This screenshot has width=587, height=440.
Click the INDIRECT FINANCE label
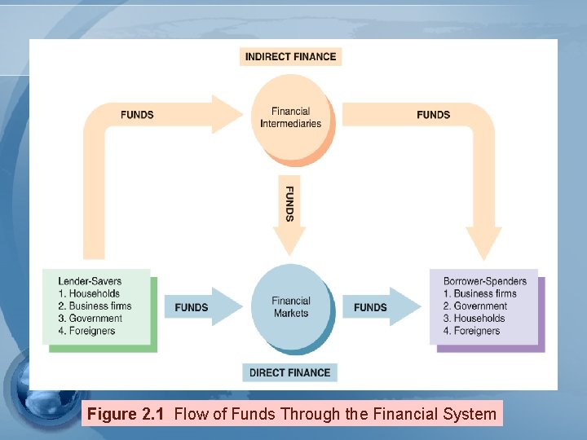point(291,56)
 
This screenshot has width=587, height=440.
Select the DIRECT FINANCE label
point(289,372)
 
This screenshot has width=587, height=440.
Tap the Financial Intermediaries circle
point(291,118)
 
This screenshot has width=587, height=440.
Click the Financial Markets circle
point(291,306)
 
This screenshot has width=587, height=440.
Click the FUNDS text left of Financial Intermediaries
point(137,115)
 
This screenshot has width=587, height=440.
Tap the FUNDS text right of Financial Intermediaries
point(433,115)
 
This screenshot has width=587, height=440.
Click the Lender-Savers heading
point(90,281)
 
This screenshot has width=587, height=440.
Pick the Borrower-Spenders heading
point(485,281)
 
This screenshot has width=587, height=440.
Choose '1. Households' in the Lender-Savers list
point(89,293)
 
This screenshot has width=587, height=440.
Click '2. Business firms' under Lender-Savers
point(95,306)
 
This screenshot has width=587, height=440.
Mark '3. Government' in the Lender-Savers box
point(90,319)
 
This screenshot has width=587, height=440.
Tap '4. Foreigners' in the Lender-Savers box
point(86,331)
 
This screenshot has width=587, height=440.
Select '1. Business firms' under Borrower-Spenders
point(480,293)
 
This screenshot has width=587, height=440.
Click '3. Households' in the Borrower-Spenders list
point(474,319)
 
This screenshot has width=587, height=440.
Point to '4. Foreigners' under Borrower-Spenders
point(472,331)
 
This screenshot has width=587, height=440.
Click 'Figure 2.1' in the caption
point(126,414)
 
